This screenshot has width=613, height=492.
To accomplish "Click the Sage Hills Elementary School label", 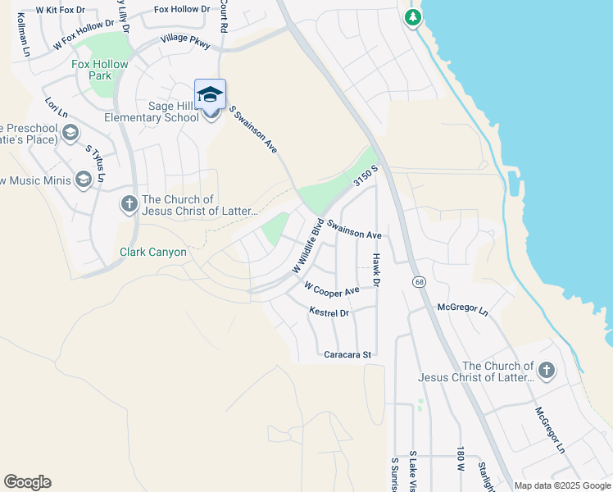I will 162,112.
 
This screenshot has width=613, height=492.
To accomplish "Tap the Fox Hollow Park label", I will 100,70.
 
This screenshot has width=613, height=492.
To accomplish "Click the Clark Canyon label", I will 153,252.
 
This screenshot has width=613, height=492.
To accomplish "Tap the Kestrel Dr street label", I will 329,312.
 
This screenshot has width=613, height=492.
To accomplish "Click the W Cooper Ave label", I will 332,289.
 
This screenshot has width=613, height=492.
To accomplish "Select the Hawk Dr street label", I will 377,269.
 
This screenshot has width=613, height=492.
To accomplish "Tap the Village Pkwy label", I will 185,38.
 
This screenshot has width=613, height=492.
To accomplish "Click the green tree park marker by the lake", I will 414,17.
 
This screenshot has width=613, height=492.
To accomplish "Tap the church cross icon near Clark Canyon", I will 129,204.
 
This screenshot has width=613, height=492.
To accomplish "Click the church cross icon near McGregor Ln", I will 547,371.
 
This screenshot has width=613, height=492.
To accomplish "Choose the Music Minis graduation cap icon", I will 83,180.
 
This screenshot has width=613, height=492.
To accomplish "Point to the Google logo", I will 27,482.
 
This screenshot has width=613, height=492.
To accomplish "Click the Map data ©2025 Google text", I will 562,485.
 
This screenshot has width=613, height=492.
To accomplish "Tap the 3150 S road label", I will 366,175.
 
